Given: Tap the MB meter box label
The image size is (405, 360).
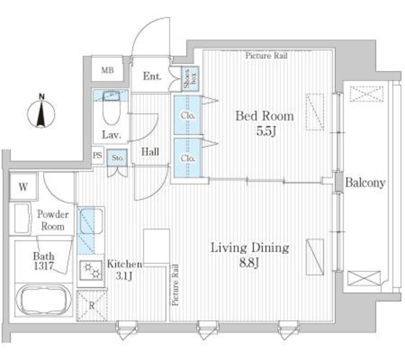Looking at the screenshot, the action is (x=108, y=70).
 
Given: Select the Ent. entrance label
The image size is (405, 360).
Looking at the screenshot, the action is (x=152, y=76).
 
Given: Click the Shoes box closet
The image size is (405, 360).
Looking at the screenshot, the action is (x=190, y=78).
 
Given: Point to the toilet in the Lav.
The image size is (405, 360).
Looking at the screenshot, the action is (x=111, y=108).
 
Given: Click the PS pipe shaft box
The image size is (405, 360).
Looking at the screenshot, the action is (x=97, y=156).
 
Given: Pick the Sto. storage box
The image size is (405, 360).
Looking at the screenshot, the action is (x=118, y=158).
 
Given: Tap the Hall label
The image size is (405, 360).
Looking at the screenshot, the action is (x=150, y=152).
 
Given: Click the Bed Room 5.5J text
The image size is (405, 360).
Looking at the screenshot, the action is (x=265, y=123).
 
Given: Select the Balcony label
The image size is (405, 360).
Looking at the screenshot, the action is (x=365, y=183).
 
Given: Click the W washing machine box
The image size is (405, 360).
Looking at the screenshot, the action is (x=23, y=187).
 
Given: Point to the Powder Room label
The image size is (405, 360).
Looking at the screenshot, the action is (x=53, y=220).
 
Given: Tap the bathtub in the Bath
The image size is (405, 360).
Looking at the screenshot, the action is (x=44, y=300).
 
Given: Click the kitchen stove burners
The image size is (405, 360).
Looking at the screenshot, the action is (x=92, y=271).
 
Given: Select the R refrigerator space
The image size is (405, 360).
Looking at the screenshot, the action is (x=92, y=306).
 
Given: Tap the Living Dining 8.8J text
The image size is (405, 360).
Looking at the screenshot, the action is (x=249, y=255).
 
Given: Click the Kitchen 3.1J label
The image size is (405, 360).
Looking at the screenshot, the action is (x=125, y=270).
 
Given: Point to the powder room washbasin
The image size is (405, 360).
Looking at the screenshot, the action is (x=22, y=218).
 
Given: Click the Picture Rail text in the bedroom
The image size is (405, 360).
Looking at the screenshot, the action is (x=266, y=56).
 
